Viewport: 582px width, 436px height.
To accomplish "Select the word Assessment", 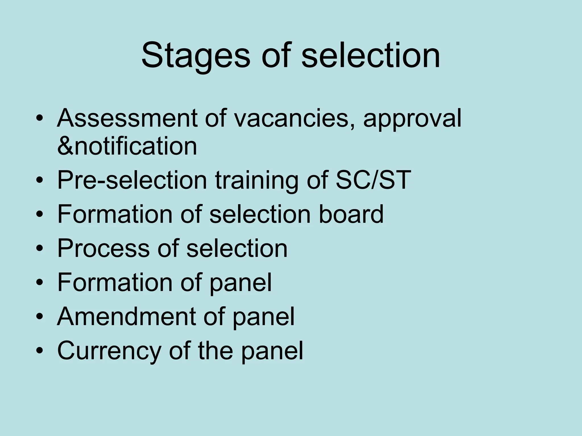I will point(127,118).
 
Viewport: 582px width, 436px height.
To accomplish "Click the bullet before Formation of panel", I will point(40,283).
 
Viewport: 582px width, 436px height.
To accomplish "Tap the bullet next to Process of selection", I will point(40,249).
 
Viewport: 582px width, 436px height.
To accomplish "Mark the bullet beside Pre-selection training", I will point(40,181).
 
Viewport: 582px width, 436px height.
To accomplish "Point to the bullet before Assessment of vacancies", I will point(40,118).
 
